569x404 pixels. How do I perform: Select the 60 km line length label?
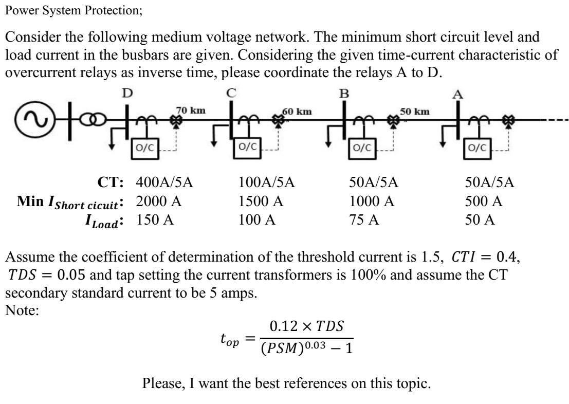click(x=296, y=111)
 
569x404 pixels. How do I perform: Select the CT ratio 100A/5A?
click(x=270, y=182)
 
